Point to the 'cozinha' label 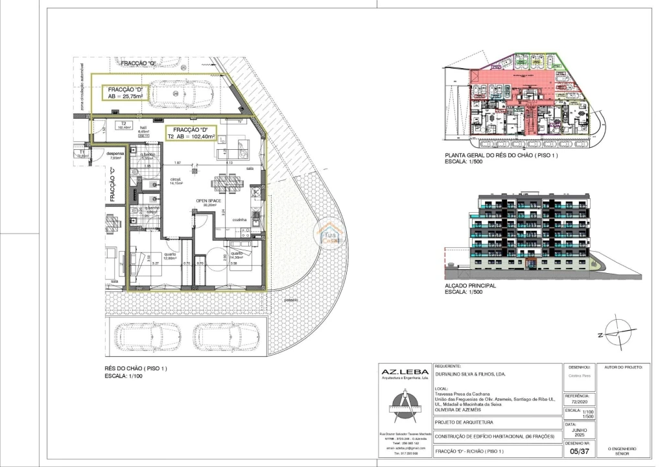coord(241,221)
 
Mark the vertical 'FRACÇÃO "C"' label coord(112,186)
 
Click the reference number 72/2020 coord(577,400)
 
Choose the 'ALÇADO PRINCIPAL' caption coord(470,285)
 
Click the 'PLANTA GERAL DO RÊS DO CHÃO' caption coord(501,156)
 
